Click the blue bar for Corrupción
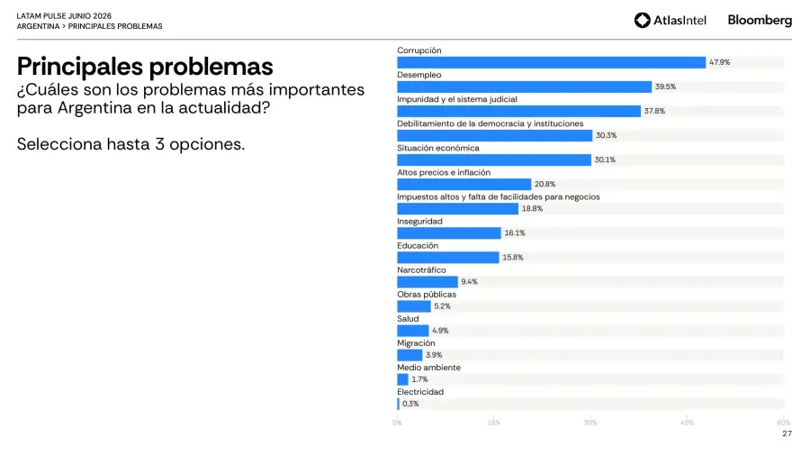pos(551,62)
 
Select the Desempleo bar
pos(525,87)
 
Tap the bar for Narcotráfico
pos(427,282)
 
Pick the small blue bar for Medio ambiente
pos(402,379)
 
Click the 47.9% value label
pos(720,62)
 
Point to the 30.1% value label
pos(605,160)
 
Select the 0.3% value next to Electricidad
pos(410,404)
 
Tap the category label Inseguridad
pos(419,222)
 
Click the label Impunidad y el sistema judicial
pos(457,99)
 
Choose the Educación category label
pos(418,246)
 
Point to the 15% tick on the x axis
pos(494,423)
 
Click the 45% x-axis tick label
pos(687,423)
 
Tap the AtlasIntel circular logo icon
pos(642,20)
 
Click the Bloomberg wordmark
pos(760,20)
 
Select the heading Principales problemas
pos(145,67)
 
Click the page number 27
pos(787,433)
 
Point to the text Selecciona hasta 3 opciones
pos(130,144)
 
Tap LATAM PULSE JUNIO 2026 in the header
pos(64,16)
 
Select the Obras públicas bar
pos(414,306)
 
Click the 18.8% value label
pos(532,209)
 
